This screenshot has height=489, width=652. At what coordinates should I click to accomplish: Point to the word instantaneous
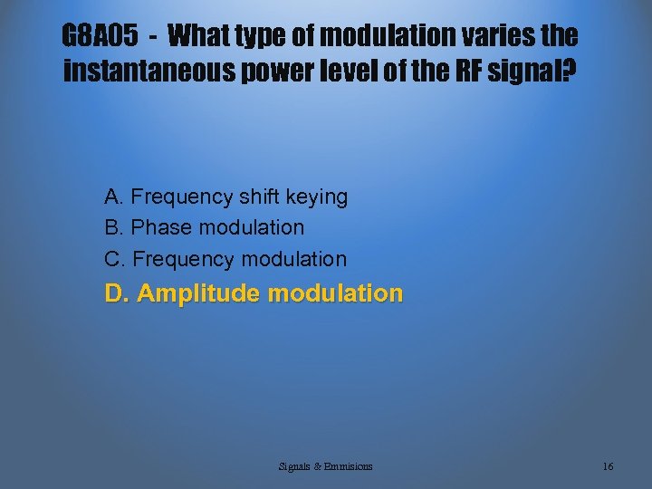149,71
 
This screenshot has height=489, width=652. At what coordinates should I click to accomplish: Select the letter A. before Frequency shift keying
114,197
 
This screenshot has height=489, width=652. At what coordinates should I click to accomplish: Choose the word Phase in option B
161,227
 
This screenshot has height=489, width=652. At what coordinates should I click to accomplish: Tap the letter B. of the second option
114,227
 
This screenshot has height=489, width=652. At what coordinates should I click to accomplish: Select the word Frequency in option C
183,259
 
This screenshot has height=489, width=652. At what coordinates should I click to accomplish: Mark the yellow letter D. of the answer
118,293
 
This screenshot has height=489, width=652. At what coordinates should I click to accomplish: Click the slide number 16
608,466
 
